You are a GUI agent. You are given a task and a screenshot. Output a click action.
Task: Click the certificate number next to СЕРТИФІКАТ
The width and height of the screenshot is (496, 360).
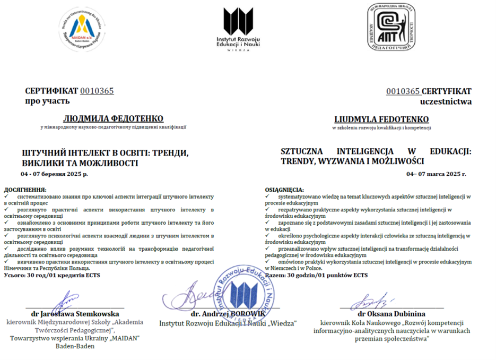[97, 91]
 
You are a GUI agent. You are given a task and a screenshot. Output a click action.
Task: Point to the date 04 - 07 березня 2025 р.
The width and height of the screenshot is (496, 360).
[55, 174]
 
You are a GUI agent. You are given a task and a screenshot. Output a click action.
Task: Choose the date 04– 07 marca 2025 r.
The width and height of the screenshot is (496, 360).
[436, 174]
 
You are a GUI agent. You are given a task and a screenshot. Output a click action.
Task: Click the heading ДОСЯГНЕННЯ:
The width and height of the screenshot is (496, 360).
[25, 189]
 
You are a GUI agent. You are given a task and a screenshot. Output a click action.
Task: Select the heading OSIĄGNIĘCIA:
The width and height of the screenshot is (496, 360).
[284, 190]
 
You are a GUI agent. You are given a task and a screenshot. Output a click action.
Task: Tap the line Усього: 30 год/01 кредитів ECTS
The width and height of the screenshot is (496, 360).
[51, 275]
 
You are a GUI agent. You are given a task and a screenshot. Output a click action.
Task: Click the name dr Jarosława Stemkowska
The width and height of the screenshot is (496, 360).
[71, 314]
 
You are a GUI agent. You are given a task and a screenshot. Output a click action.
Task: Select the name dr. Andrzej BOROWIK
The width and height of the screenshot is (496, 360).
[228, 314]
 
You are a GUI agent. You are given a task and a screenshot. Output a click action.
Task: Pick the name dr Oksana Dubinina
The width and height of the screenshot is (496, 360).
[391, 314]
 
